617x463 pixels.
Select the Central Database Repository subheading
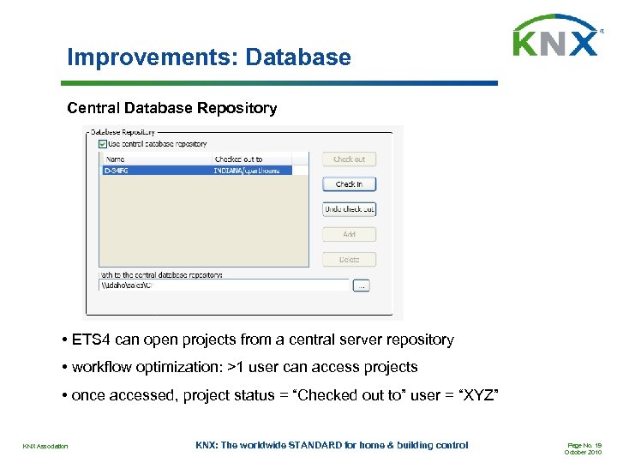[x=172, y=108]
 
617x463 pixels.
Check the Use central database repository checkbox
[x=103, y=144]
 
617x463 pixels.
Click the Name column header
[x=116, y=159]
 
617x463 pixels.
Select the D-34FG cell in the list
[x=117, y=171]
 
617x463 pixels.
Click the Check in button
[x=349, y=184]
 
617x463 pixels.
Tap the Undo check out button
[x=349, y=209]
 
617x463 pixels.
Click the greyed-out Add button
[x=349, y=234]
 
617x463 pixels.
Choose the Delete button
[x=349, y=259]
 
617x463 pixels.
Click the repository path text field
[x=223, y=286]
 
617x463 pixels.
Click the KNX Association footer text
[x=45, y=446]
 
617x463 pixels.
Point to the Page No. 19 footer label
[x=584, y=444]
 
